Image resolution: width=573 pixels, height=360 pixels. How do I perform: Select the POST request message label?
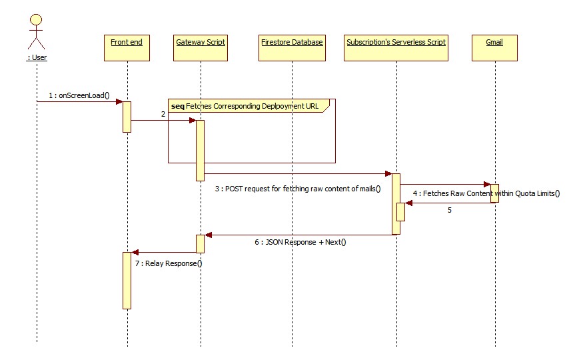point(297,189)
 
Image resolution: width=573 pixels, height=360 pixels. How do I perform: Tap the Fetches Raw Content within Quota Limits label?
point(486,194)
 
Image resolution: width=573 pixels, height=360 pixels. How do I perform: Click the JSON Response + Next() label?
point(300,242)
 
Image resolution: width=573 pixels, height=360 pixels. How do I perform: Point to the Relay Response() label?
point(169,263)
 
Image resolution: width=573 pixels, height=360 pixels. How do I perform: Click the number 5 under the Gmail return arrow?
point(449,210)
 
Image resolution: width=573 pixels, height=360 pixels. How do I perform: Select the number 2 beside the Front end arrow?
point(162,114)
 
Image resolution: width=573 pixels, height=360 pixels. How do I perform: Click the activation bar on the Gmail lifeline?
point(494,193)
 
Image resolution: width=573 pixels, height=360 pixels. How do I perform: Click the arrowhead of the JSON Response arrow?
point(208,235)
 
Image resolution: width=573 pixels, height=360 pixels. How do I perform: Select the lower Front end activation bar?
point(127,280)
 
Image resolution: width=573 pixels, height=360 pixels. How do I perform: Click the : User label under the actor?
point(37,57)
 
